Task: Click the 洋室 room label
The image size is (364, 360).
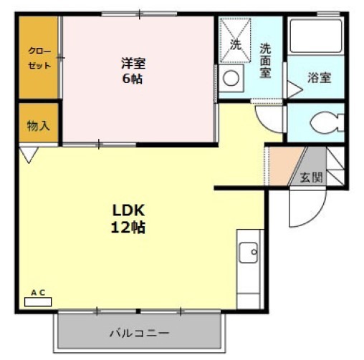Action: pos(131,63)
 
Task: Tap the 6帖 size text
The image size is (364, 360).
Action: pos(131,78)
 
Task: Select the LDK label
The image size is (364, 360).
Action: pos(129,211)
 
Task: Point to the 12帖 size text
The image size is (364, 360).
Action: pos(129,228)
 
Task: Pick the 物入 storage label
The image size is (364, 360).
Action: pos(38,126)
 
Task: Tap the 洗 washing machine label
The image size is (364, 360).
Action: pos(236,44)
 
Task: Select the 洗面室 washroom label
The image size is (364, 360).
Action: pos(265,61)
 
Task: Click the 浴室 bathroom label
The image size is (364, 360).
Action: pos(319,78)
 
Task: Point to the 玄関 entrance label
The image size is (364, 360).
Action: pos(311,177)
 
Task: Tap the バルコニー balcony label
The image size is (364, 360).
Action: pos(139,334)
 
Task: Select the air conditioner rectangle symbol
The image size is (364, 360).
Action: pos(39,301)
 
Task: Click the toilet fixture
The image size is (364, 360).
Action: pos(326,123)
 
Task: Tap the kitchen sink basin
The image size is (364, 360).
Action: pos(249,252)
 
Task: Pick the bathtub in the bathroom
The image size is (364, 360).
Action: pos(316,36)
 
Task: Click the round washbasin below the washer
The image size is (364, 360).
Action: pos(231,78)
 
